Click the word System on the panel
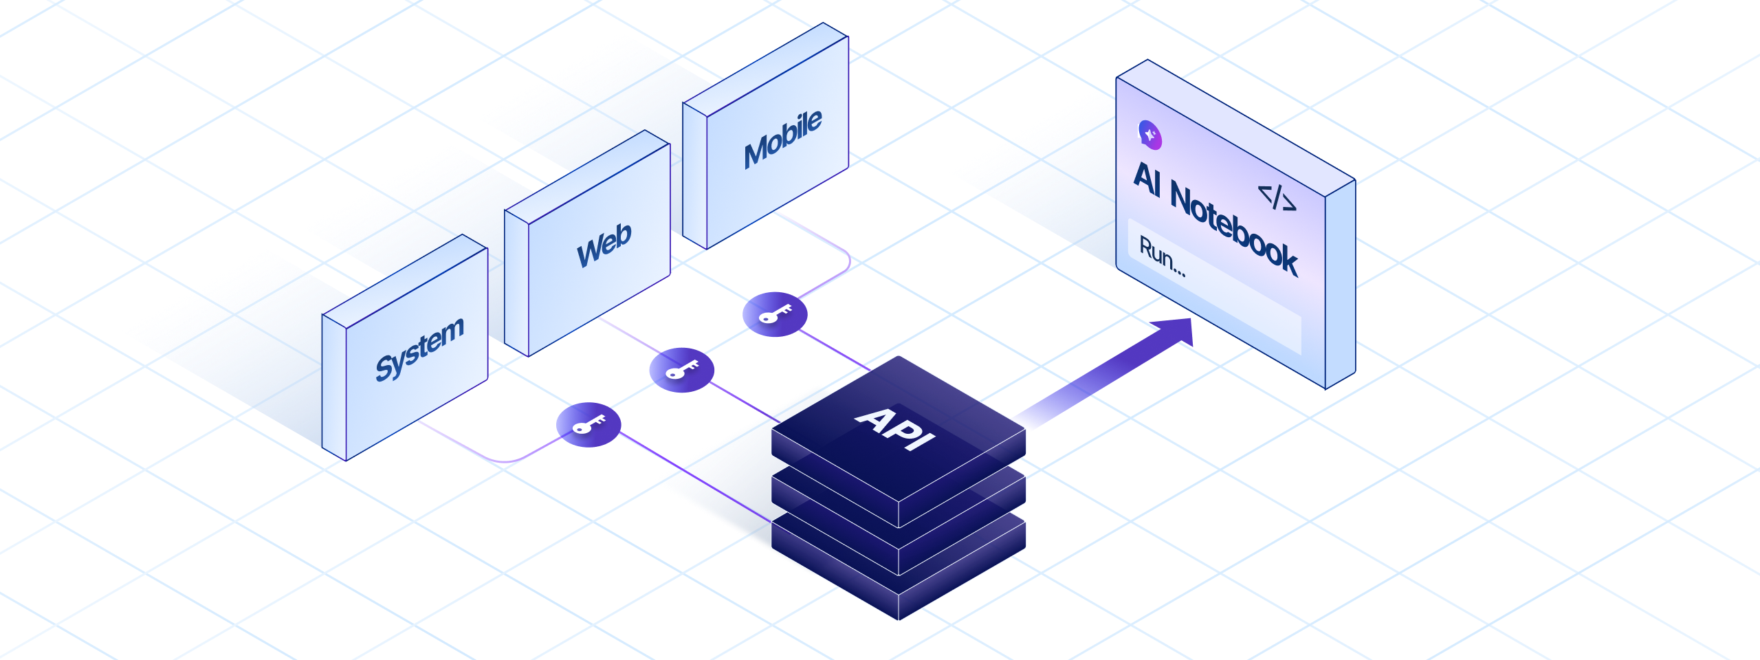[419, 349]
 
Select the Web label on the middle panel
[604, 244]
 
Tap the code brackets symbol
[1277, 197]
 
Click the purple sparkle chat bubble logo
[1150, 135]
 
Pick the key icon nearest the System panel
[588, 424]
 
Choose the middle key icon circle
[681, 370]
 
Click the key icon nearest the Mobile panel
[775, 314]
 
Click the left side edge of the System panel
[334, 388]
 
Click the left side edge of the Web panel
[516, 282]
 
